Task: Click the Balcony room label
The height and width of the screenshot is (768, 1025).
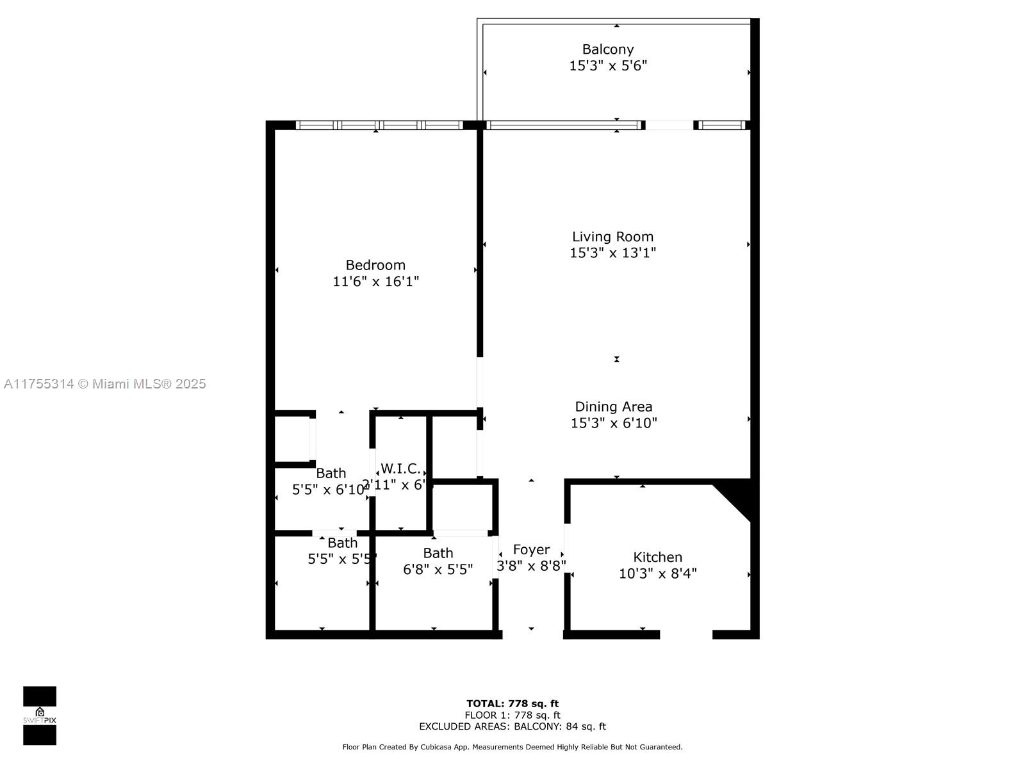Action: click(x=607, y=49)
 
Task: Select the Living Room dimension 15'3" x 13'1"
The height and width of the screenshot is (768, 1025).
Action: click(x=612, y=253)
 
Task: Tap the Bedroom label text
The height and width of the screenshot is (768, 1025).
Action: click(x=375, y=265)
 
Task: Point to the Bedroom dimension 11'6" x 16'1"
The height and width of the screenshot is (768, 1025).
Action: click(x=375, y=281)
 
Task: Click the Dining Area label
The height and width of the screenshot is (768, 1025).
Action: click(x=613, y=406)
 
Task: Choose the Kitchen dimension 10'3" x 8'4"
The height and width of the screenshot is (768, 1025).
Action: click(x=657, y=573)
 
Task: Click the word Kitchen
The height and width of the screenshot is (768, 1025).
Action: click(x=657, y=557)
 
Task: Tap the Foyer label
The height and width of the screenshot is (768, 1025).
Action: click(x=531, y=550)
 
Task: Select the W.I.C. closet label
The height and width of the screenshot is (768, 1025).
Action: click(x=400, y=468)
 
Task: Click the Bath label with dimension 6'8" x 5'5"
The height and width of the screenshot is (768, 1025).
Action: click(x=438, y=553)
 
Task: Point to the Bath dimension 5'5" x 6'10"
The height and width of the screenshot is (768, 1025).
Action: click(x=329, y=490)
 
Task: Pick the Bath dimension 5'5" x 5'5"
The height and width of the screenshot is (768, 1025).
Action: click(x=341, y=559)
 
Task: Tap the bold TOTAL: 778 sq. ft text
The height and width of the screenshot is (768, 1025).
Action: click(x=512, y=703)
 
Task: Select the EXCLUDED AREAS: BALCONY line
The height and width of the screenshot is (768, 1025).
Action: click(x=512, y=726)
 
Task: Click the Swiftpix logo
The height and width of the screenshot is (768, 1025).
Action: click(x=40, y=716)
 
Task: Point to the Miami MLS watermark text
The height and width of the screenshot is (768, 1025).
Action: click(x=104, y=384)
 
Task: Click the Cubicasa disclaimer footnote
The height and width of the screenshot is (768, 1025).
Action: click(x=512, y=747)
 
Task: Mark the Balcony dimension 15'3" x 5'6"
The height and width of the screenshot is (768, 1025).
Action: click(x=607, y=66)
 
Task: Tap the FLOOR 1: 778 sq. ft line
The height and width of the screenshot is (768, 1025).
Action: click(x=512, y=715)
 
